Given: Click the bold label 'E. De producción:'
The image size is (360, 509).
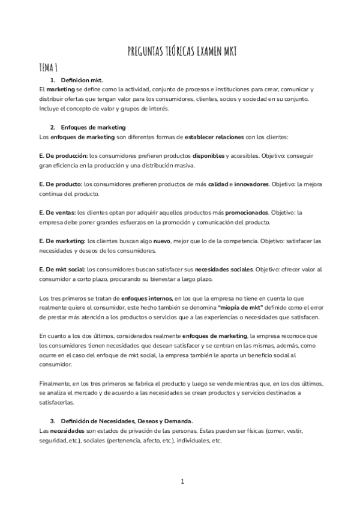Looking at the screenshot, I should click(62, 155).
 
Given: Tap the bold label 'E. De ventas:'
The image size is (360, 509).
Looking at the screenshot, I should click(56, 212).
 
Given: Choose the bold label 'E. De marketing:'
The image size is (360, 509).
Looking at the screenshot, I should click(62, 241).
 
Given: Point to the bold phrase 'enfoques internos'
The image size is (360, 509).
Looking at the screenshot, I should click(146, 298).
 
